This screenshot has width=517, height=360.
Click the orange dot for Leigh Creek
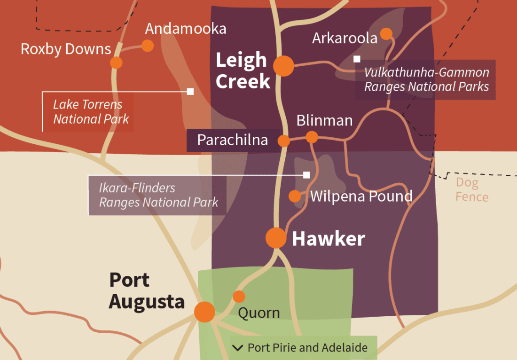284,66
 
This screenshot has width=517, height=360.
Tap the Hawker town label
328,239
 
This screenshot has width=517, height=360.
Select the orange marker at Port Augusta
204,312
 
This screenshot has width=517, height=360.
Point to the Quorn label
259,313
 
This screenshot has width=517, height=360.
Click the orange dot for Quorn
239,297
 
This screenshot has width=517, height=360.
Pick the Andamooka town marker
148,46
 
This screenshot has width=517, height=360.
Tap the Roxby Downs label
66,49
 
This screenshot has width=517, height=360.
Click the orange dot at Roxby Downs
116,63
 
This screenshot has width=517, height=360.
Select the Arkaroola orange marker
386,33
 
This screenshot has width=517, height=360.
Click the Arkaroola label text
345,38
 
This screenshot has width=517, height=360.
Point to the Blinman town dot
312,137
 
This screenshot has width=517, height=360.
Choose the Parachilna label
232,140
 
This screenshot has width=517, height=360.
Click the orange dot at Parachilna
283,141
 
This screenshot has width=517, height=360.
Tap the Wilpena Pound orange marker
295,196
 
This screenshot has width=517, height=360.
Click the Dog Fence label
471,189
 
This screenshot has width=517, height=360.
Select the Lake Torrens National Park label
91,111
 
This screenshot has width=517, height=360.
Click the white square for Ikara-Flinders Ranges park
306,175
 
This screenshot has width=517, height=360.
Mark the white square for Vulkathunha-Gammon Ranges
357,59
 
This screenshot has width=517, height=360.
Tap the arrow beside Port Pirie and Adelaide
238,348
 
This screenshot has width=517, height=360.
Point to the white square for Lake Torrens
190,91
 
